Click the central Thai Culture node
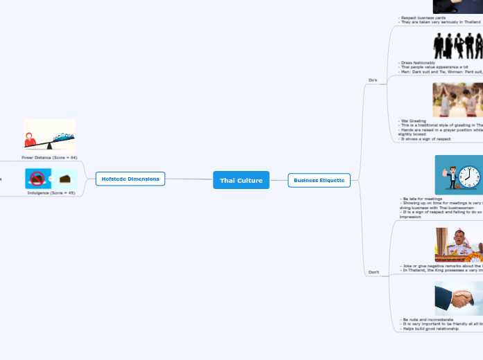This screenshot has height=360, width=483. (x=240, y=180)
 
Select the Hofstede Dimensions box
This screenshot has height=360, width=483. (x=130, y=179)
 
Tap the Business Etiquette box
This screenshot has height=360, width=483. (x=319, y=180)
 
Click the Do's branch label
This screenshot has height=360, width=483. (x=373, y=80)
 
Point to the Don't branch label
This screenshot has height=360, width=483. (x=373, y=272)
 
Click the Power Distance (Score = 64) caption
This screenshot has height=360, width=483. (x=49, y=158)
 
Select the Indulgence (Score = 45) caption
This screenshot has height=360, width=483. (x=51, y=192)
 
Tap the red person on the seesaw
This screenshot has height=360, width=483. (x=30, y=141)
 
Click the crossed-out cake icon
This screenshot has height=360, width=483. (x=37, y=179)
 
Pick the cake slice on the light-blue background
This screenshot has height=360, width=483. (x=65, y=179)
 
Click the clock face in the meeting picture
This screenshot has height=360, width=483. (x=469, y=177)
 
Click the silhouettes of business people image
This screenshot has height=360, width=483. (x=458, y=46)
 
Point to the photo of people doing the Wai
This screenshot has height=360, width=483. (x=457, y=100)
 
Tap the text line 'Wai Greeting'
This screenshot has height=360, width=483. (x=414, y=120)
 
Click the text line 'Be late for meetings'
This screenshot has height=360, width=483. (x=422, y=199)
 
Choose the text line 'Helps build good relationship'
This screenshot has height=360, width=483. (x=430, y=328)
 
